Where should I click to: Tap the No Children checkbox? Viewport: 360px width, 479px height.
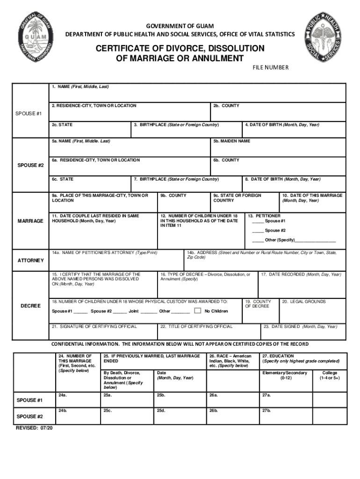(198, 311)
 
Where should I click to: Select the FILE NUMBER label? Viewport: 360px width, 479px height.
(271, 68)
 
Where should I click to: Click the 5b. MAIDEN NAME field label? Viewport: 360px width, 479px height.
(231, 141)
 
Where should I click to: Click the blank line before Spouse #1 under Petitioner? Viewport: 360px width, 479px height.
(258, 221)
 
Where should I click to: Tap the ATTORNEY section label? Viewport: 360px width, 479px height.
(31, 260)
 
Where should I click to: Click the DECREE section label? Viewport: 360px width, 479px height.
(31, 306)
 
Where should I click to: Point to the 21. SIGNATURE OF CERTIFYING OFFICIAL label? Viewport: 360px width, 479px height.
(94, 326)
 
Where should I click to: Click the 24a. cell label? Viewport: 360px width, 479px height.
(62, 395)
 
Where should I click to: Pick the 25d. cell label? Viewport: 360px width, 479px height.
(161, 410)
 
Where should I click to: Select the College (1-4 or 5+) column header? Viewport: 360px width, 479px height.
(330, 375)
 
